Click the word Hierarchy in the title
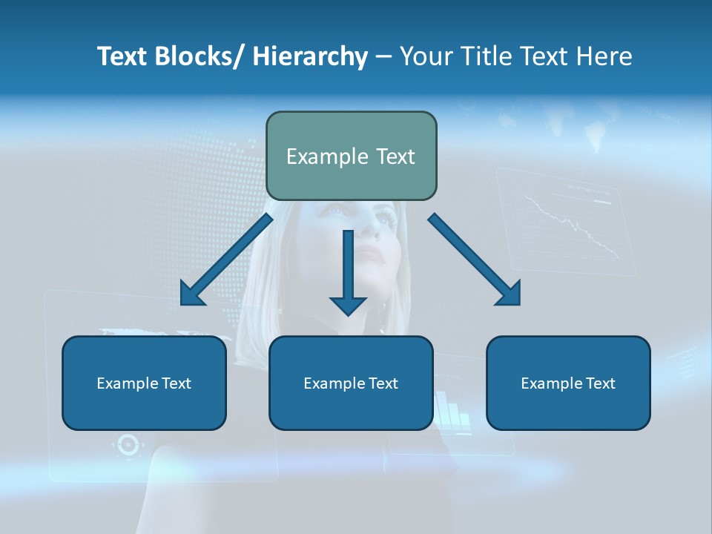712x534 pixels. [309, 56]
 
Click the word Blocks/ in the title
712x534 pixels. [197, 56]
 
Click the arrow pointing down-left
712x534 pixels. [226, 260]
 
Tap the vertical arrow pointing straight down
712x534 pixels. [348, 267]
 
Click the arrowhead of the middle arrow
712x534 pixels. [348, 305]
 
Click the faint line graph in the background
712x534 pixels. [571, 226]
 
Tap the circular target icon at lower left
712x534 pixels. [128, 445]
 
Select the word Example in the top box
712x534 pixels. [320, 156]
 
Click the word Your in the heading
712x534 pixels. [424, 56]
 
